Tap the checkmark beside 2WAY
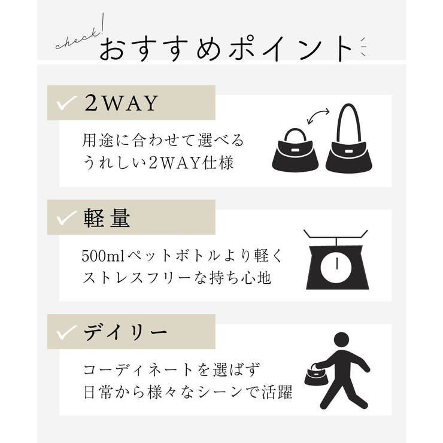tap(66, 103)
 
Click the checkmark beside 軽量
tap(66, 218)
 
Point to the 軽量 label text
tap(108, 218)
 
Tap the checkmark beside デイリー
tap(66, 332)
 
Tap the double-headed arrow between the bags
tap(318, 116)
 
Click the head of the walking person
tap(342, 340)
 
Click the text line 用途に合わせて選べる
tap(163, 141)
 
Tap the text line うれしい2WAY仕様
tap(157, 163)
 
